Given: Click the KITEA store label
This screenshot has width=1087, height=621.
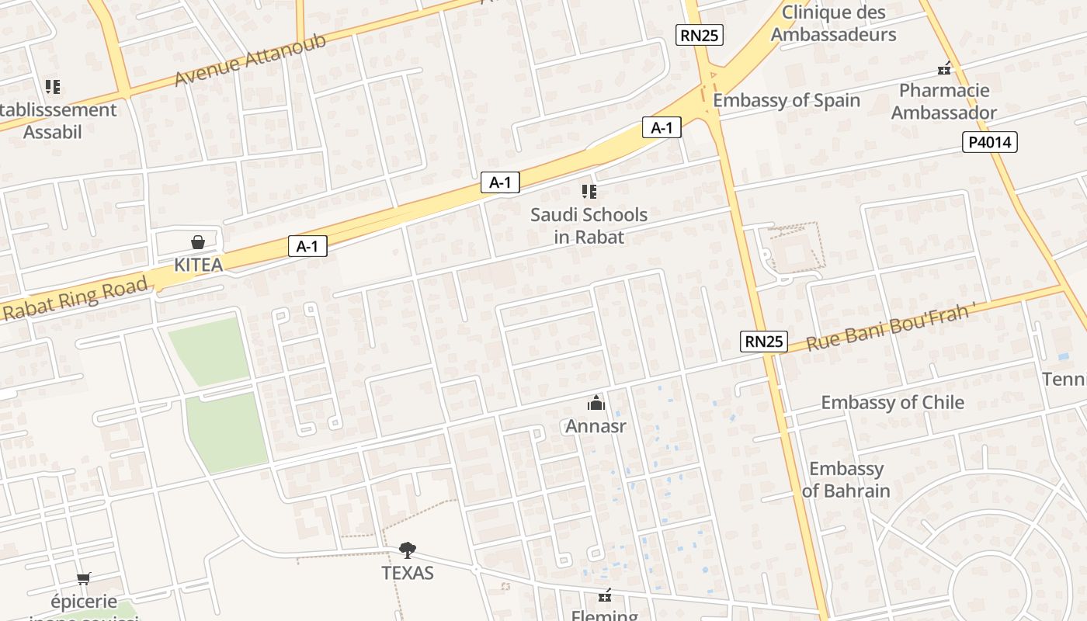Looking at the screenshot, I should (x=198, y=265).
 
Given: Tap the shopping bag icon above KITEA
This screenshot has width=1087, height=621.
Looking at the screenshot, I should (x=198, y=242).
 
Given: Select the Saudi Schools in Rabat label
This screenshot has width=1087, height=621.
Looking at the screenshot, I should (x=589, y=225).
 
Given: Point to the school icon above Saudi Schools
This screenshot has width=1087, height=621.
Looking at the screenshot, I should (x=589, y=191).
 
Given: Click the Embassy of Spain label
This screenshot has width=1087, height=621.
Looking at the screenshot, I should (x=787, y=100).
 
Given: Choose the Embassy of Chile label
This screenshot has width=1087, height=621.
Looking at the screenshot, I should (x=892, y=402).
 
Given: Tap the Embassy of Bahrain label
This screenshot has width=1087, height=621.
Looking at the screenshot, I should (x=846, y=480).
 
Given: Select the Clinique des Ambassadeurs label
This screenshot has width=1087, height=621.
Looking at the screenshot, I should (x=833, y=23).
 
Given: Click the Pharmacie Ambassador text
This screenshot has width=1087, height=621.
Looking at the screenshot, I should (x=944, y=101).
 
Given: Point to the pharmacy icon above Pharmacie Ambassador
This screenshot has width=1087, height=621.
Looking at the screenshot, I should (x=944, y=69).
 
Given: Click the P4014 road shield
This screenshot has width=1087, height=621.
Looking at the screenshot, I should (x=989, y=142).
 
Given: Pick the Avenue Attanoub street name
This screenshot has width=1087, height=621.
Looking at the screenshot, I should (x=250, y=61).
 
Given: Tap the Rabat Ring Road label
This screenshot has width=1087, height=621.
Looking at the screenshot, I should (x=75, y=299).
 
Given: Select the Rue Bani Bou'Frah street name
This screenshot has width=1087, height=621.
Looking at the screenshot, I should (x=889, y=328).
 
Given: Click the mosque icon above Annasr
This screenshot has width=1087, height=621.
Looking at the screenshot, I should (x=596, y=402).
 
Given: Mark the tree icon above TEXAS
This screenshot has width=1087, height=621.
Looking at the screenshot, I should (x=407, y=550).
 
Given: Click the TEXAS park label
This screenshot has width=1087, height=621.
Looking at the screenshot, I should (x=407, y=573).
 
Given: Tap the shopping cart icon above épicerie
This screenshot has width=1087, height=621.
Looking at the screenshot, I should (x=84, y=578).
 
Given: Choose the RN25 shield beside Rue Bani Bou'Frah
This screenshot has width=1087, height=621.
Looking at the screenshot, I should (x=764, y=341).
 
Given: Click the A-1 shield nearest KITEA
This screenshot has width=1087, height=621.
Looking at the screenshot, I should (x=307, y=246).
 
